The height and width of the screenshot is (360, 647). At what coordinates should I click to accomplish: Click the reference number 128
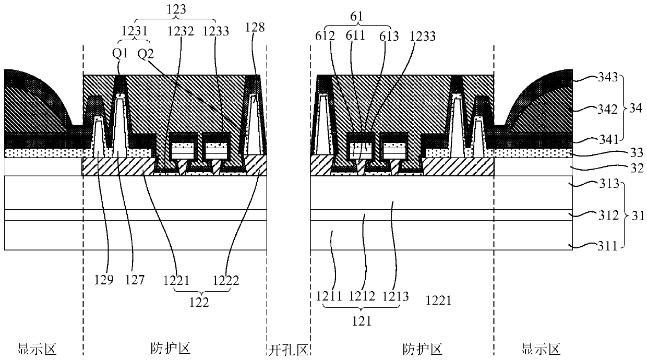pyautogui.click(x=256, y=28)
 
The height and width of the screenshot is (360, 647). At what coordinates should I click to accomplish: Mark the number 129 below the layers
pyautogui.click(x=103, y=280)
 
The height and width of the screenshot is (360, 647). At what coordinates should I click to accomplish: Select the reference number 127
pyautogui.click(x=133, y=280)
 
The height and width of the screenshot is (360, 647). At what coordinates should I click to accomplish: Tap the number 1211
pyautogui.click(x=329, y=297)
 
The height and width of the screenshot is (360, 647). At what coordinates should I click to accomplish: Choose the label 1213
pyautogui.click(x=394, y=297)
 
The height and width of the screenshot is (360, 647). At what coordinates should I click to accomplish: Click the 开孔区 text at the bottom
pyautogui.click(x=289, y=349)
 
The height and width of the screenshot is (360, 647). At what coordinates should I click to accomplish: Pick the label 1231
pyautogui.click(x=134, y=31)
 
